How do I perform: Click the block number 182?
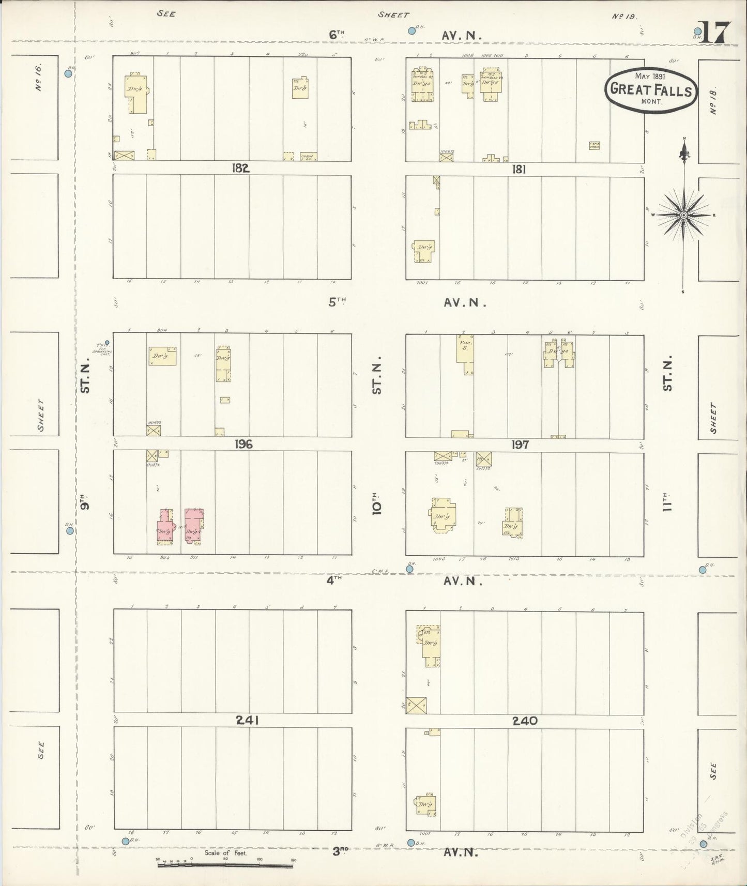241,168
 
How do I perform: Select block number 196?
243,444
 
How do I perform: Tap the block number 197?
520,445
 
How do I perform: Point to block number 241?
247,720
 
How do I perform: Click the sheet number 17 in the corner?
716,33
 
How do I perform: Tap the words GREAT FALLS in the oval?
651,89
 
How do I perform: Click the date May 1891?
650,76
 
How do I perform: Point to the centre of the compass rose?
683,215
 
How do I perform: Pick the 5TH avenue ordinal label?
337,302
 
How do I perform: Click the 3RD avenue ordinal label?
339,851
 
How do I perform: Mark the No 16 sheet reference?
39,78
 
